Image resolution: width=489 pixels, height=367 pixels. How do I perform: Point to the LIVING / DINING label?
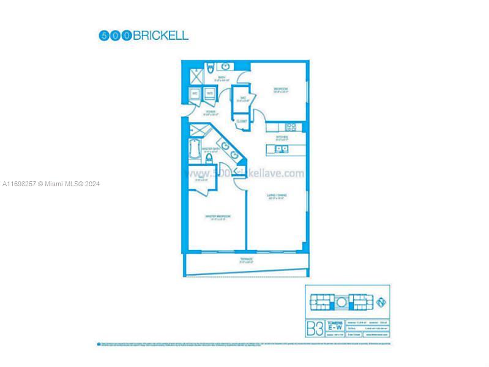click(277, 196)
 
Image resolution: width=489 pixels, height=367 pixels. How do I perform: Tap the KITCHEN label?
click(282, 137)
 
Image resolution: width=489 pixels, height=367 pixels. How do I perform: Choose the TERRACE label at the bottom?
click(247, 260)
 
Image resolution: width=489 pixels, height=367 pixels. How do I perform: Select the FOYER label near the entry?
click(211, 113)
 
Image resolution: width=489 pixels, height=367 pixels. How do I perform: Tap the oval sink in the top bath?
click(225, 66)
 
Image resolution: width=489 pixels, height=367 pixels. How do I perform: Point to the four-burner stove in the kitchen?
click(291, 128)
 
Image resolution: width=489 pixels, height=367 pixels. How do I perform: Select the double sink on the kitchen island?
click(282, 148)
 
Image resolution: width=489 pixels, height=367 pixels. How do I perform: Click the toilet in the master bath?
click(209, 159)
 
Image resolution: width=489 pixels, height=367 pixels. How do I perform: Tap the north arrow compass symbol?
click(382, 302)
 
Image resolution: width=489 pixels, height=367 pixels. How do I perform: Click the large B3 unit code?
click(314, 328)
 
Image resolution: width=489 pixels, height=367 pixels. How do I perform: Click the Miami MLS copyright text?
click(51, 184)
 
